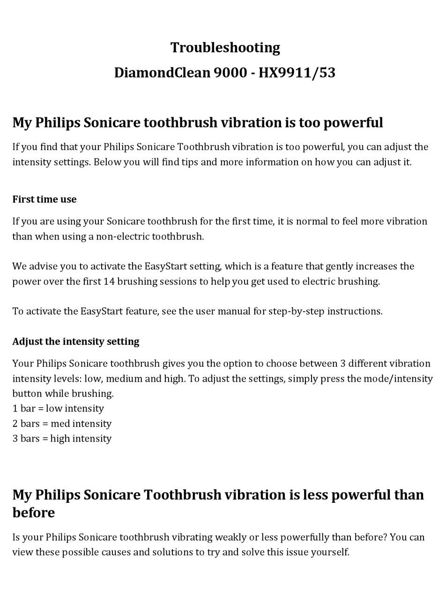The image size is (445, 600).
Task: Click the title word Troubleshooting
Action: (x=225, y=48)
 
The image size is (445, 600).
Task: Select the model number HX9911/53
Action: (x=297, y=73)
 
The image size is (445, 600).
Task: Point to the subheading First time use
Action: (x=44, y=199)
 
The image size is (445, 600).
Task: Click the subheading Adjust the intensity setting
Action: (x=76, y=341)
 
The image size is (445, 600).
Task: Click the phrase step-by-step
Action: (x=296, y=311)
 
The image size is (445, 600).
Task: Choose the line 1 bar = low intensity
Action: (x=58, y=409)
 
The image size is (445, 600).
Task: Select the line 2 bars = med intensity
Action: (x=62, y=424)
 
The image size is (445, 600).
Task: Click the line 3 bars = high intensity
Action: (x=62, y=439)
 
